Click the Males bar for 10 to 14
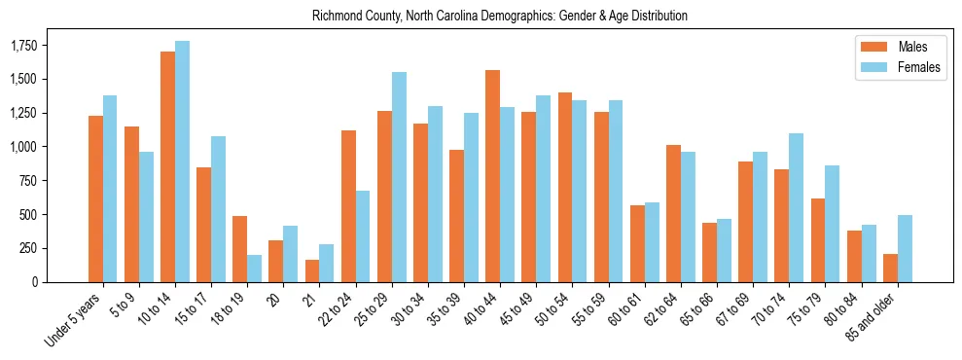[167, 166]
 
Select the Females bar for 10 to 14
[182, 162]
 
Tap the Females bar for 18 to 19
[254, 269]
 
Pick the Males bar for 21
[312, 270]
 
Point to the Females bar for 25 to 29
[399, 177]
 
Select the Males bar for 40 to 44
[492, 176]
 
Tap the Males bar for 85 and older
[890, 268]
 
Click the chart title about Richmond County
[500, 17]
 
